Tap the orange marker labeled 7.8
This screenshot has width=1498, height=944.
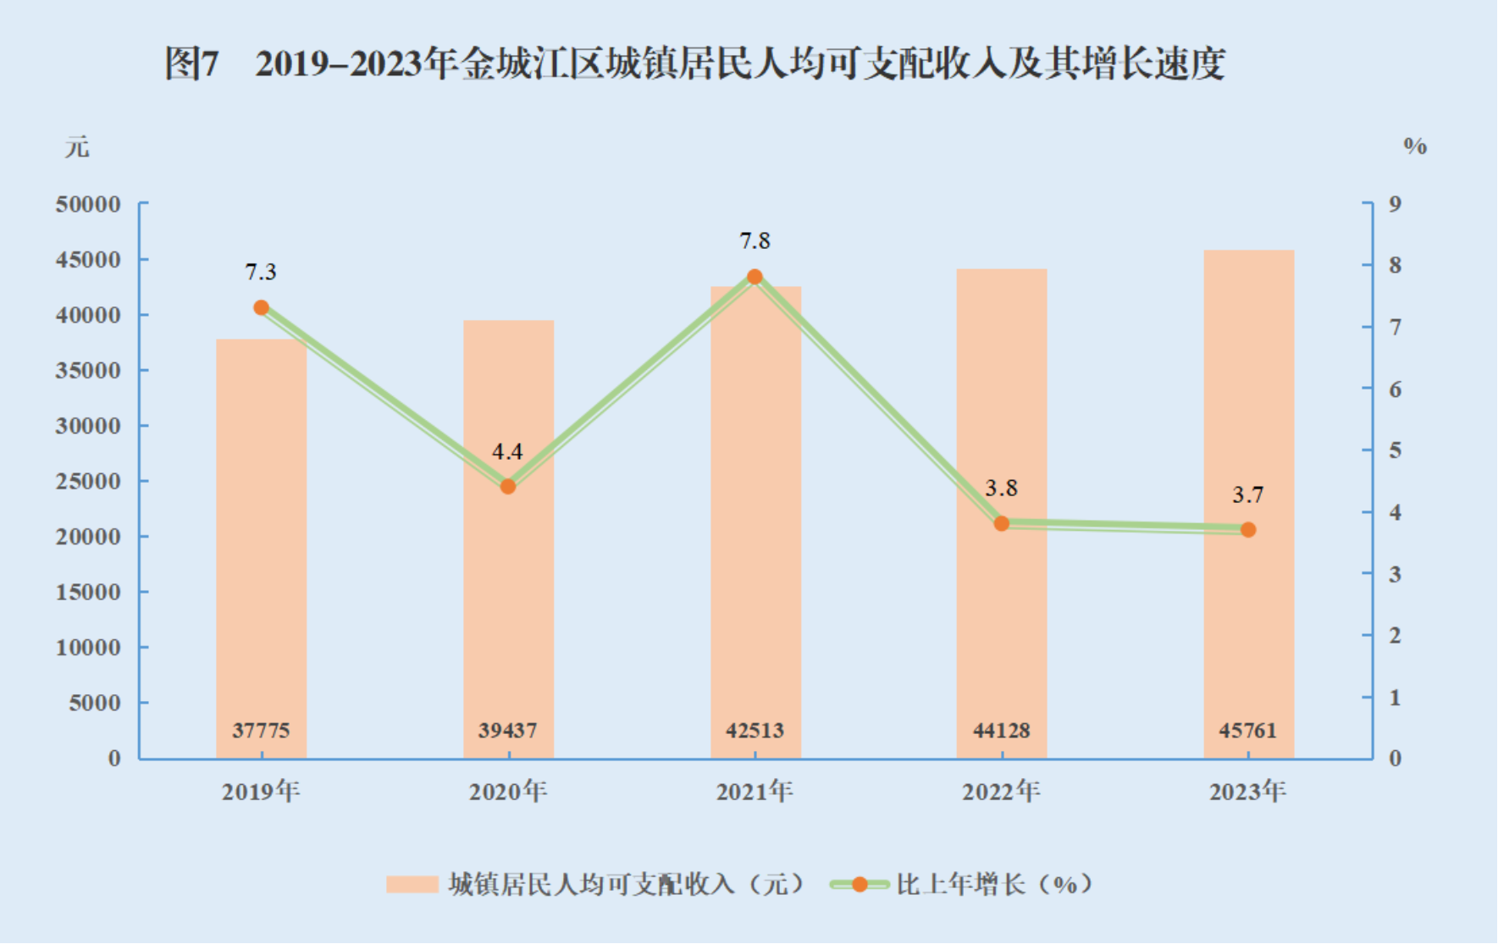(755, 277)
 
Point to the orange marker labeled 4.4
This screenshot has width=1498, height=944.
(508, 487)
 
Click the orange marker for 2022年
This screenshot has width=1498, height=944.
(1002, 524)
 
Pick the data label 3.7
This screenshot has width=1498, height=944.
(1247, 494)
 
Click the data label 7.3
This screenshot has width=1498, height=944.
(261, 272)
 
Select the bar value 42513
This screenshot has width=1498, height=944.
(755, 730)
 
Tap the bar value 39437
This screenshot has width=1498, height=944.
(508, 730)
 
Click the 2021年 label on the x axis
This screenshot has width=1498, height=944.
(755, 792)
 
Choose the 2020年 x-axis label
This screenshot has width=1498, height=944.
(508, 792)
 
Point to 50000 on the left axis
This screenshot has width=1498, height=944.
(88, 204)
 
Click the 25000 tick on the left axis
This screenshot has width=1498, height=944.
(88, 481)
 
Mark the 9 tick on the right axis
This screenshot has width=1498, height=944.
(1395, 204)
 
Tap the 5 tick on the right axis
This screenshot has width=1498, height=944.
(1395, 450)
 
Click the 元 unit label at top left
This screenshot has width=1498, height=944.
(77, 147)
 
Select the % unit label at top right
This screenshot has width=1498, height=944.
(1414, 146)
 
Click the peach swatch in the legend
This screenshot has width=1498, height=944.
(412, 885)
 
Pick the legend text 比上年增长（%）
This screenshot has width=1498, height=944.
(994, 885)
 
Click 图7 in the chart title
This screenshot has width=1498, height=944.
(192, 63)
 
